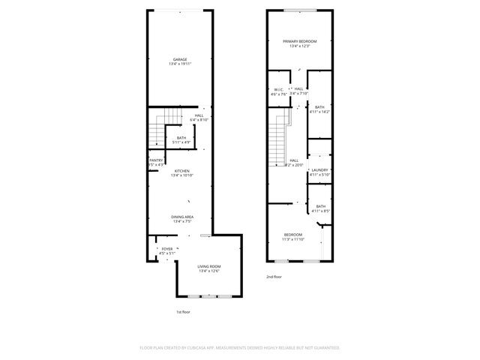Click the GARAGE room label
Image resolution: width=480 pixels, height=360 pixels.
tap(180, 59)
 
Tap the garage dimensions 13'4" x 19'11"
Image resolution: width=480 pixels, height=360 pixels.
tap(180, 64)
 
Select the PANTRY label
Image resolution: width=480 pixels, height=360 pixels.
tap(156, 160)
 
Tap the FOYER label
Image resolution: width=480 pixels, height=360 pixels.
tap(167, 248)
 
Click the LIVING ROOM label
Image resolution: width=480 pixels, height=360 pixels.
tap(209, 266)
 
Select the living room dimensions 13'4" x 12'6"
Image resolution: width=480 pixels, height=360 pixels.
tap(209, 271)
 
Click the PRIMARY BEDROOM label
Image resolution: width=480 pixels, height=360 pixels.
tap(300, 40)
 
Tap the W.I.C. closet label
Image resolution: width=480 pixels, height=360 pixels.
tap(278, 89)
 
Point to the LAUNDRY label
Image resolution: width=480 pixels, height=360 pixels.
tap(320, 169)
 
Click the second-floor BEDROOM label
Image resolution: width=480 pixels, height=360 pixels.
tap(293, 235)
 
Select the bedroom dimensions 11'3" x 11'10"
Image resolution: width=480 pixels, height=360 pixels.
tap(293, 240)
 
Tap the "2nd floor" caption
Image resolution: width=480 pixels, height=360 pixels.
tap(274, 277)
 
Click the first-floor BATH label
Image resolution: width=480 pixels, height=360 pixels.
tap(181, 137)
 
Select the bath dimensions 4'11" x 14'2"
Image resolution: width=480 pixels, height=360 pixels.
tap(320, 112)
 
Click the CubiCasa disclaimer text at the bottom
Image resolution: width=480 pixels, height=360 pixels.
tap(240, 348)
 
